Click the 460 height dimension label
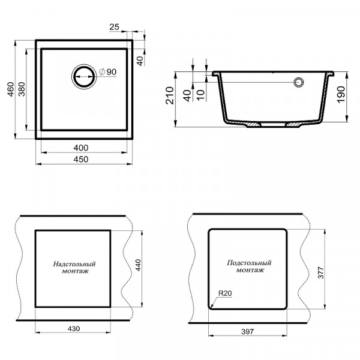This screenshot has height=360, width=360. tap(11, 89)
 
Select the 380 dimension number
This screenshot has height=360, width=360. tap(22, 89)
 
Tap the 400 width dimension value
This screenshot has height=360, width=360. tap(81, 148)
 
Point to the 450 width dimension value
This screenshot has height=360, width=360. tap(81, 159)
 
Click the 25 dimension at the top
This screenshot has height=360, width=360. tap(115, 27)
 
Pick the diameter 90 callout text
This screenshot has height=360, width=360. tap(108, 72)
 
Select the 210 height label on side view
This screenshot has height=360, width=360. tap(170, 95)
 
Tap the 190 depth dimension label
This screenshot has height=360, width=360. tap(341, 95)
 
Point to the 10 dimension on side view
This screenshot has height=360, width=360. tap(200, 95)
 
